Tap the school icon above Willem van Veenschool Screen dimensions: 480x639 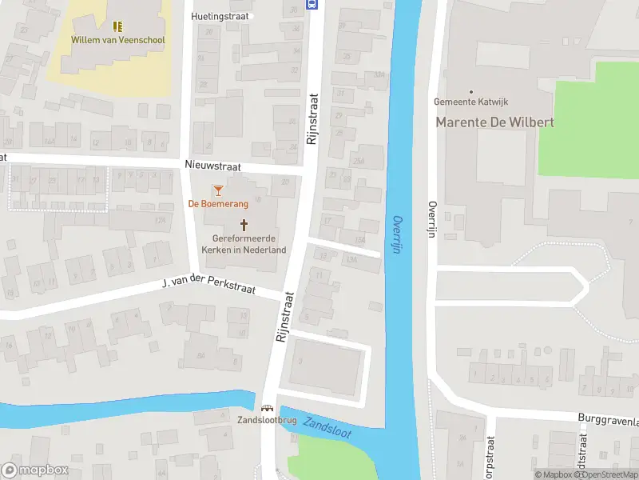pos(117,26)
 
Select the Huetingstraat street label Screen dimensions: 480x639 pos(221,16)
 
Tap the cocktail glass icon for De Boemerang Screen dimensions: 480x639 pos(218,190)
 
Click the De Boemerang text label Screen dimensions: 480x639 pos(218,204)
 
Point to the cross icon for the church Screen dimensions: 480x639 pos(244,225)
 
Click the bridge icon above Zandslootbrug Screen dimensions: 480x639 pos(266,407)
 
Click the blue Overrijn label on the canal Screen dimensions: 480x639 pos(396,234)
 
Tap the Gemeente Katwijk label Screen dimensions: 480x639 pos(470,102)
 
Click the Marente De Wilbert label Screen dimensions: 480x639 pos(494,122)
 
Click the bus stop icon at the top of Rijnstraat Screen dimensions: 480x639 pos(312,4)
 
